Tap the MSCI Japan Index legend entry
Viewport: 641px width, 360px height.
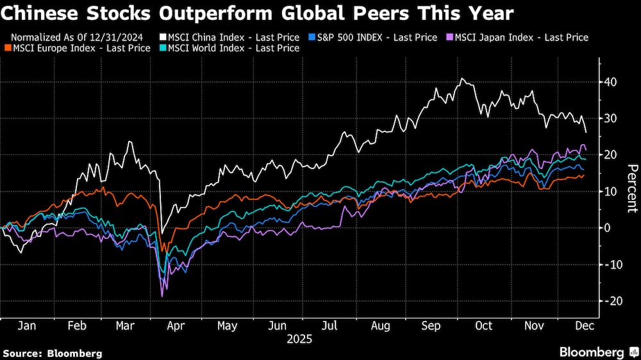(x=518, y=37)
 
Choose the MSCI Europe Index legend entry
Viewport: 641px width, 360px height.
(x=80, y=47)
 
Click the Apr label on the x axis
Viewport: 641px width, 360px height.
(x=176, y=326)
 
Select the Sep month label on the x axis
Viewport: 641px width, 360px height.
(x=431, y=326)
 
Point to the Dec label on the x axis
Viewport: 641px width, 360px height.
(x=585, y=326)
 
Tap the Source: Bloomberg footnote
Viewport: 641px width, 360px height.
(x=53, y=353)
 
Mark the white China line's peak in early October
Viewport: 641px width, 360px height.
(x=462, y=79)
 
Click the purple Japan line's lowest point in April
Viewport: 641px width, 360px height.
(x=162, y=296)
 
